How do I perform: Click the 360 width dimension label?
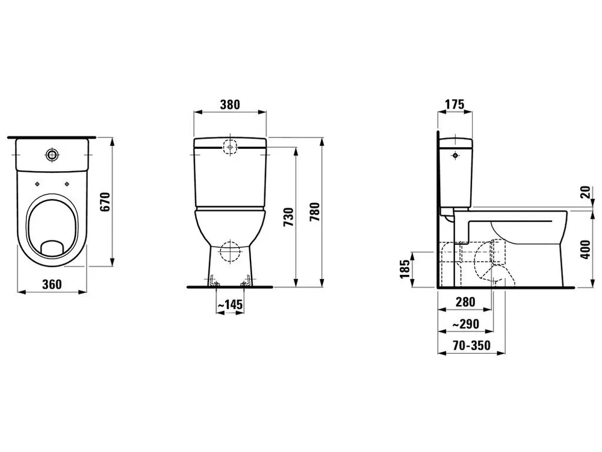(x=52, y=284)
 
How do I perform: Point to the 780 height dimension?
(x=314, y=212)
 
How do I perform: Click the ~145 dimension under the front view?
(x=229, y=306)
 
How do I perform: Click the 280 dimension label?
(x=465, y=302)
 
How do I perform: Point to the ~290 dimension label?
(x=465, y=324)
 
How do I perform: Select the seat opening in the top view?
(x=53, y=223)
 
